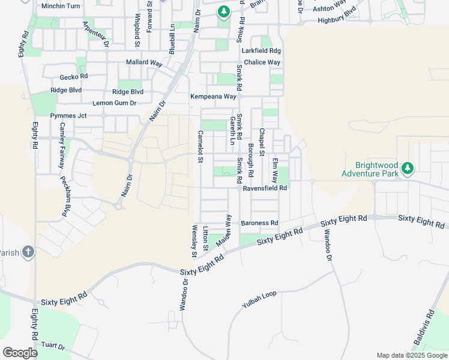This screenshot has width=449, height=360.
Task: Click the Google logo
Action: [x=20, y=353]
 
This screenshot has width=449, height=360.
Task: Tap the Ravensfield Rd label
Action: [x=265, y=188]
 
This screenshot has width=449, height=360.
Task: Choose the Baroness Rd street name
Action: [x=259, y=223]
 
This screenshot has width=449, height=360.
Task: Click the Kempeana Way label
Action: [x=214, y=97]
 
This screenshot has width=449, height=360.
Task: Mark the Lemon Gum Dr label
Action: [x=115, y=103]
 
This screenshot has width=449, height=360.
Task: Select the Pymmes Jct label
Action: [x=68, y=115]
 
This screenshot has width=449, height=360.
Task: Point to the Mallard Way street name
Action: [x=145, y=62]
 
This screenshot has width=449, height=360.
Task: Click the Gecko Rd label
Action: [x=74, y=77]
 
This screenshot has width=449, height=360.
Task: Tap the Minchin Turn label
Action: [x=61, y=6]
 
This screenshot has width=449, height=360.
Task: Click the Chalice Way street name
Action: [x=262, y=62]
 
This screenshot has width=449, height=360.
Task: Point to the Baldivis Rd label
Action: [x=424, y=330]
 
